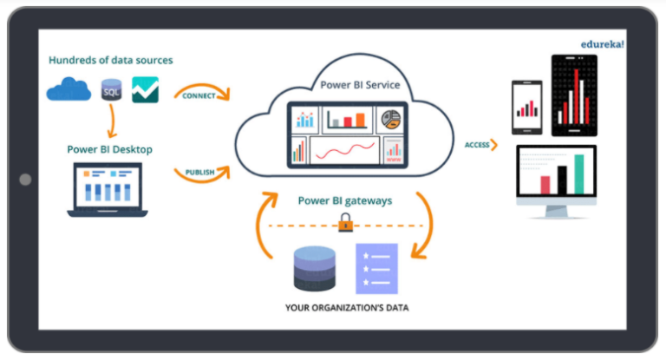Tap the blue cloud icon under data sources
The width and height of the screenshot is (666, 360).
[x=69, y=88]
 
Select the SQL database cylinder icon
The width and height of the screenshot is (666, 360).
[x=110, y=89]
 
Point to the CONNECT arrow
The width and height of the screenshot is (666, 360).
[x=201, y=94]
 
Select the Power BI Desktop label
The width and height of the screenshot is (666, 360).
[x=109, y=149]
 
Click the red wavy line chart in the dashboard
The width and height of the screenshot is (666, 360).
[x=343, y=153]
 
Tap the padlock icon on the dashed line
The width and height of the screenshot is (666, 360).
[x=345, y=225]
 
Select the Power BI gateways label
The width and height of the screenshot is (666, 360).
[x=345, y=200]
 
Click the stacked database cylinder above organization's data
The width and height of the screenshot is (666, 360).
[x=314, y=269]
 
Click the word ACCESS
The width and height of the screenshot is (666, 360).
[x=477, y=144]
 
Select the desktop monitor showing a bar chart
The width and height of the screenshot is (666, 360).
[x=568, y=180]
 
